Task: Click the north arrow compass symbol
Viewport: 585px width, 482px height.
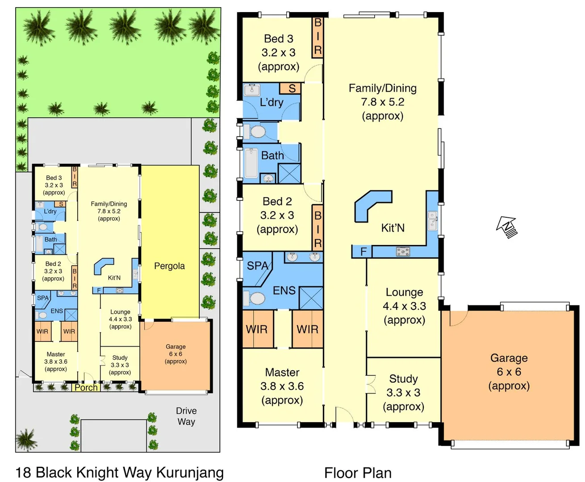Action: coord(507,226)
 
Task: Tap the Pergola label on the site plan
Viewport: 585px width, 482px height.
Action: coord(169,266)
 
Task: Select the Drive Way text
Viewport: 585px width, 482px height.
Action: coord(186,416)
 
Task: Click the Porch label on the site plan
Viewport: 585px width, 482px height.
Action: coord(86,387)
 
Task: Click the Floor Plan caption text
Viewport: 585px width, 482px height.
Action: coord(358,473)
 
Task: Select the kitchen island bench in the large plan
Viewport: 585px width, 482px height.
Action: coord(371,205)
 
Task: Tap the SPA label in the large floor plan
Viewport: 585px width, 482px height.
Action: coord(258,266)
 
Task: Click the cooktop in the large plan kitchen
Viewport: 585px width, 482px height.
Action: coord(403,252)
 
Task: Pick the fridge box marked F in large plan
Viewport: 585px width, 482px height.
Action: coord(363,252)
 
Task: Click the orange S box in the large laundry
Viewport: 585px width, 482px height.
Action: coord(291,88)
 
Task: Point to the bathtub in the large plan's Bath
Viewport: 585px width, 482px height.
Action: coord(251,163)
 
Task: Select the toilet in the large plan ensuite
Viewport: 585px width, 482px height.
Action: coord(255,298)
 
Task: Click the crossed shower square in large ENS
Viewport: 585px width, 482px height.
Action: coord(311,298)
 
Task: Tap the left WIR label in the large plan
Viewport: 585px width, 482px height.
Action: coord(257,329)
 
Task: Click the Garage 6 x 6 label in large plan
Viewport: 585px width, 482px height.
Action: coord(509,372)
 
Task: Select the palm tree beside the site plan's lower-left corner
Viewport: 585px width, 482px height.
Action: coord(26,440)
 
